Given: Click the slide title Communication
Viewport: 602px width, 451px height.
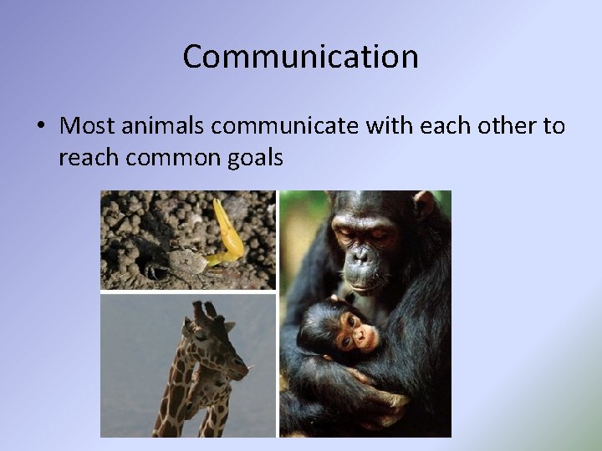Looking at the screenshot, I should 300,57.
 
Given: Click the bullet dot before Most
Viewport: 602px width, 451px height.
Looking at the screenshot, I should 40,127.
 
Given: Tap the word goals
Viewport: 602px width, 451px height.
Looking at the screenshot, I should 256,156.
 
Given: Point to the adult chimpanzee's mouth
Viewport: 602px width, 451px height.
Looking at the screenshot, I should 361,281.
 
